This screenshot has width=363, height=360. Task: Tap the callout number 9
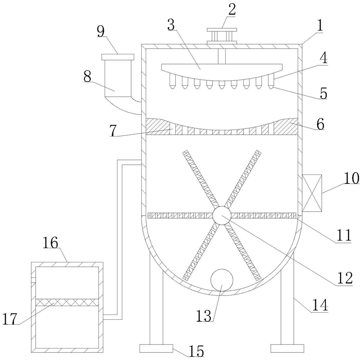click(x=101, y=31)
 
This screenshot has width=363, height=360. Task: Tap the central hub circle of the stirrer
click(x=221, y=216)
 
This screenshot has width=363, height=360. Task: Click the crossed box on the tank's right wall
click(x=312, y=193)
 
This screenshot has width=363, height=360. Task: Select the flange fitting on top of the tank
click(x=222, y=35)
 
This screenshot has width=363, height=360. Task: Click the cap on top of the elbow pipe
click(x=117, y=57)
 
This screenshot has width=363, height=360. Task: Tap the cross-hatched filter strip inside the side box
click(x=67, y=302)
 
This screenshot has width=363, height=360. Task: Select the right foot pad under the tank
click(x=287, y=349)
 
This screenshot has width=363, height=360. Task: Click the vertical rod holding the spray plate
click(x=222, y=55)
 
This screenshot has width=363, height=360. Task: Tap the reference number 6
click(x=320, y=124)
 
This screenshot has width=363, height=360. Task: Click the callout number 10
click(x=352, y=178)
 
